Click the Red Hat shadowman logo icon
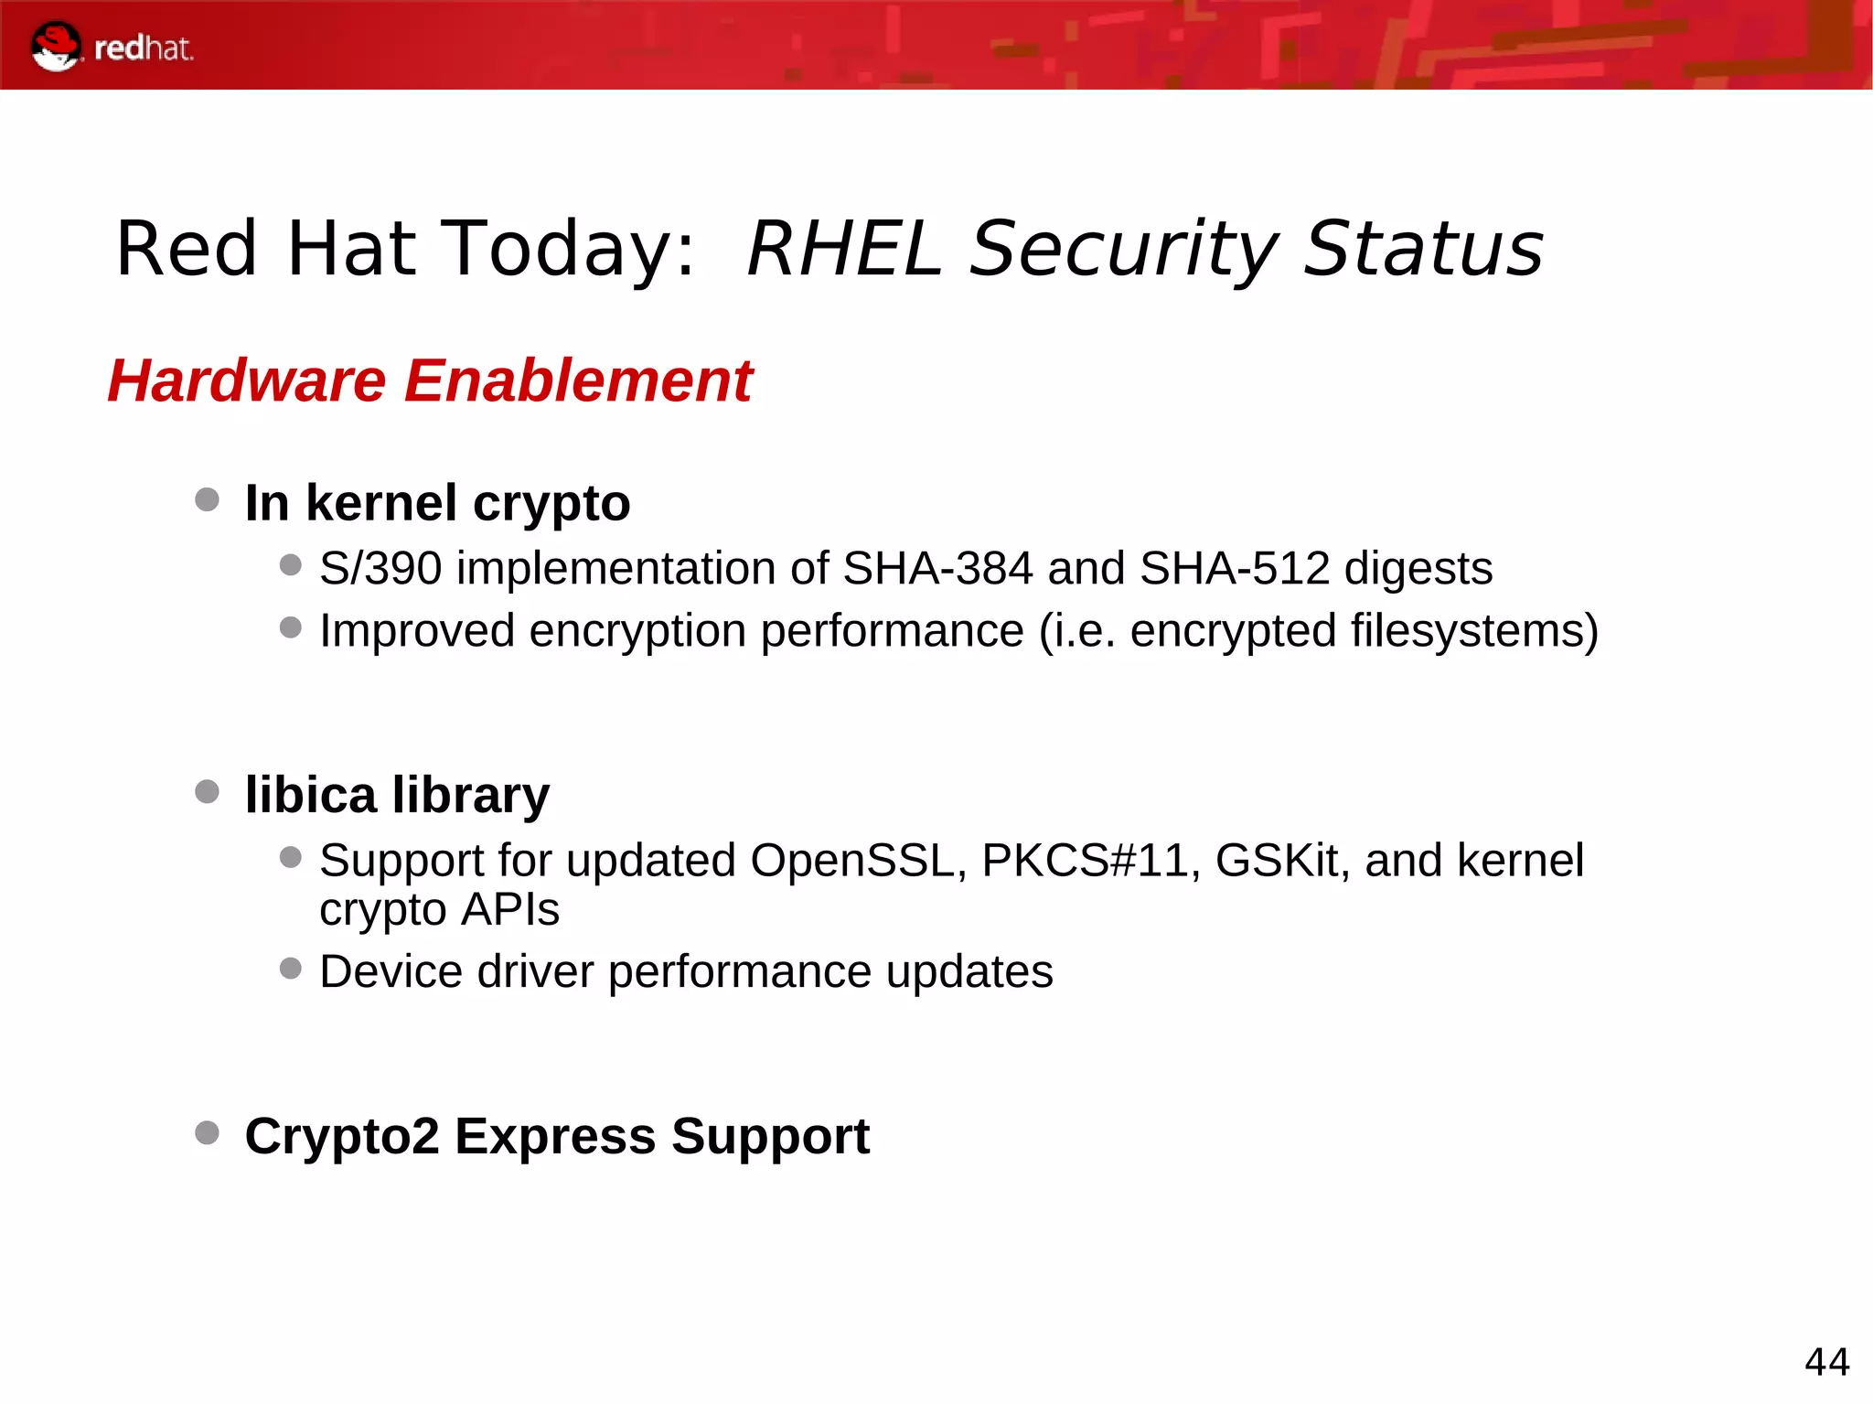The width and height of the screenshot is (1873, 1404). [56, 46]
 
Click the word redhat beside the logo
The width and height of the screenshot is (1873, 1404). [144, 48]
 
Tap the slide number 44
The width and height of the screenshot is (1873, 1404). [1826, 1362]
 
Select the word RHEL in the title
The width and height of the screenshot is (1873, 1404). [844, 249]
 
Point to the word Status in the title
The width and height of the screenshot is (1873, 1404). [1423, 249]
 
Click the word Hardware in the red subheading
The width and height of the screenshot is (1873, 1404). [247, 380]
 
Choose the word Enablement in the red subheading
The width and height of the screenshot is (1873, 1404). [578, 380]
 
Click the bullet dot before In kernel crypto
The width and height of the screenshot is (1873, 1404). [208, 499]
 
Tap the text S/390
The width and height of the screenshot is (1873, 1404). [380, 569]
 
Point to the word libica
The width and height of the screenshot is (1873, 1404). [310, 794]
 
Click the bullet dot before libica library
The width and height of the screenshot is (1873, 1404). [208, 791]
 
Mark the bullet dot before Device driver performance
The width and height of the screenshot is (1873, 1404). [291, 968]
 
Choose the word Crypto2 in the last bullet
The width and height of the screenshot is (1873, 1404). [342, 1137]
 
